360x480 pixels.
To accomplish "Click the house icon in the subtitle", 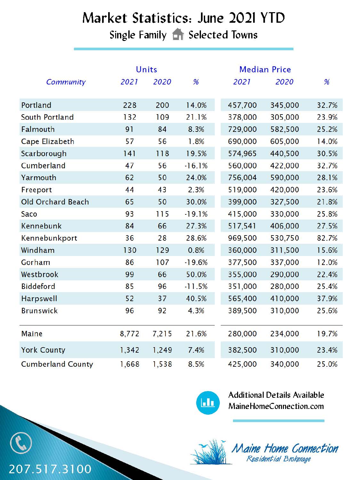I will (178, 35).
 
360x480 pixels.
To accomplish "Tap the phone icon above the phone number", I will (21, 443).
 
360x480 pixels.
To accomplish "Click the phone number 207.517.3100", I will (50, 469).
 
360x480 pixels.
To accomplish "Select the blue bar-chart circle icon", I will (208, 403).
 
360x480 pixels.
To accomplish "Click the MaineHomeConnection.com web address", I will (276, 406).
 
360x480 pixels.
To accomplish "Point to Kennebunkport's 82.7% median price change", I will (327, 238).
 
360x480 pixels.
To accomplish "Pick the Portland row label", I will (36, 105).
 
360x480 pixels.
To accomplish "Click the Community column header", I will (66, 82).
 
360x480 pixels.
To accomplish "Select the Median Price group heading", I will (265, 69).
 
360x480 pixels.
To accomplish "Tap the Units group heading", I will (146, 69).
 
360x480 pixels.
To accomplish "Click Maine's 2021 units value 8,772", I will (130, 334).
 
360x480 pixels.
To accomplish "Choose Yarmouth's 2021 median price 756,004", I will (242, 178).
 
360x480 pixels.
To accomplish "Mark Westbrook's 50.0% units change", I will (196, 275).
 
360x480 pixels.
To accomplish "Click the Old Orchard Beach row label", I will (55, 202).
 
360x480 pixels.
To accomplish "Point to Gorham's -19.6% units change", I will (196, 262).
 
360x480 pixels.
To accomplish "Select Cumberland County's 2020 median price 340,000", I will (284, 364).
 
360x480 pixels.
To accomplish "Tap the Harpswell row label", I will (39, 299).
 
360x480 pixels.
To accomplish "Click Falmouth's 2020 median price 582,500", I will (284, 130).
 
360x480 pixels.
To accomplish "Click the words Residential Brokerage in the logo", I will (279, 459).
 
